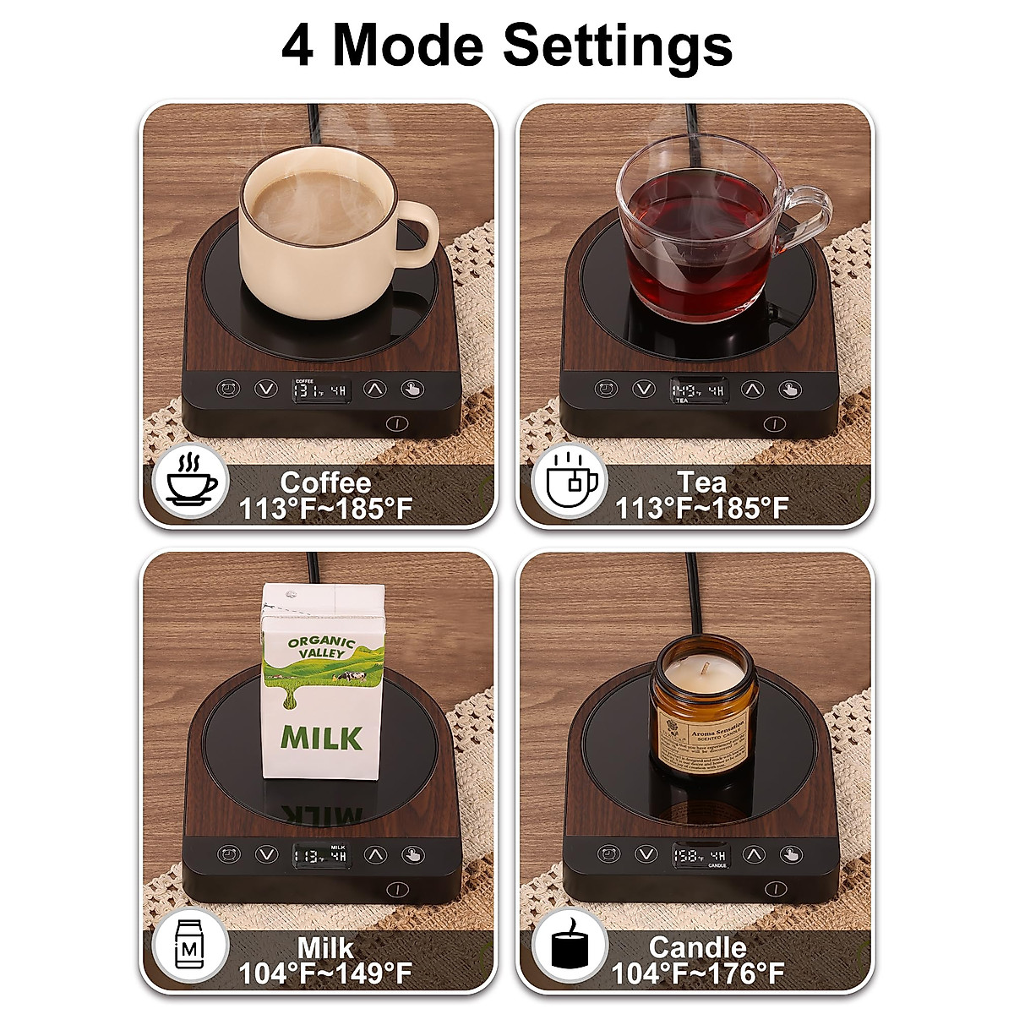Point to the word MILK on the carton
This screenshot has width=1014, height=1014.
(x=322, y=737)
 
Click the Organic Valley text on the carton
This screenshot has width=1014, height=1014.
(x=321, y=647)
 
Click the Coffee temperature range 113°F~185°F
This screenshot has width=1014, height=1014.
(x=326, y=510)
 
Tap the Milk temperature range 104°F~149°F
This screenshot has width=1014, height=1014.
(x=326, y=973)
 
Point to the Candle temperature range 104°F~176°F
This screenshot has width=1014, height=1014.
(x=698, y=973)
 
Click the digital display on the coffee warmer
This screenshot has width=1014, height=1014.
(x=320, y=390)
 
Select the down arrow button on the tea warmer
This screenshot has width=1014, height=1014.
(x=644, y=390)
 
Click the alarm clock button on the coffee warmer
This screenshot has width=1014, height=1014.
(x=226, y=390)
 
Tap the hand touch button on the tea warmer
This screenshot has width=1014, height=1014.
(x=789, y=390)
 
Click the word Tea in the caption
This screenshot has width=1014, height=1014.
(x=701, y=482)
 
